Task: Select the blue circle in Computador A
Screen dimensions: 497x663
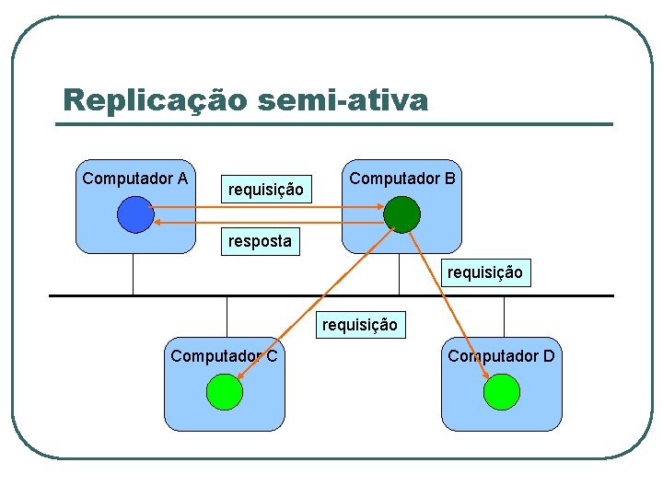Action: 135,214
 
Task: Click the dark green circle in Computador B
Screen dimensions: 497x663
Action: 401,214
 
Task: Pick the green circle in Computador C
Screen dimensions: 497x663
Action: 224,393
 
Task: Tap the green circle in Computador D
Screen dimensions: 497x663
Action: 501,393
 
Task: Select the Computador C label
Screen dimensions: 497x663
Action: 224,356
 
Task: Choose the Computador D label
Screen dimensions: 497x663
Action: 501,356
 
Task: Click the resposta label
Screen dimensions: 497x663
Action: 260,242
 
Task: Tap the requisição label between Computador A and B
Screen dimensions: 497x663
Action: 265,190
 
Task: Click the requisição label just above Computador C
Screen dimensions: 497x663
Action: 359,325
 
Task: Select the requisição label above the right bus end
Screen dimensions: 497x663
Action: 485,272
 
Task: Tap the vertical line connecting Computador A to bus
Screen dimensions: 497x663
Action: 134,274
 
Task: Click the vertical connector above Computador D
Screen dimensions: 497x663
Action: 504,317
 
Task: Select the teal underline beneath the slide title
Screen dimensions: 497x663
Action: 337,123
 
